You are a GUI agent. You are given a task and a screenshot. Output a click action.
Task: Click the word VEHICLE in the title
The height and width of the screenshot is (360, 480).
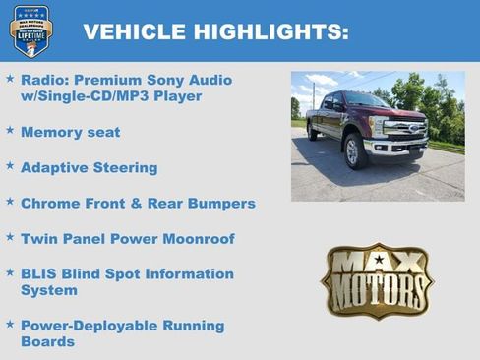click(x=131, y=31)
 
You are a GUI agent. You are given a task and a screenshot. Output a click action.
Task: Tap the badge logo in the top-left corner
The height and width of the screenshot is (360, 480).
click(x=31, y=31)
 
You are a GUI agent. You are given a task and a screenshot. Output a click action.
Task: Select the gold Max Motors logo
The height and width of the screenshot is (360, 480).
click(x=377, y=281)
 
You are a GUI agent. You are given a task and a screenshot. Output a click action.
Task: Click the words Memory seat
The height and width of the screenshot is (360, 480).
click(x=70, y=132)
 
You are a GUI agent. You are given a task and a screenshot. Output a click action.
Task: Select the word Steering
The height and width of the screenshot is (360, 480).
click(x=124, y=167)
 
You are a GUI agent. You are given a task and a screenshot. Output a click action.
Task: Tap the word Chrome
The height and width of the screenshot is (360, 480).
click(x=50, y=203)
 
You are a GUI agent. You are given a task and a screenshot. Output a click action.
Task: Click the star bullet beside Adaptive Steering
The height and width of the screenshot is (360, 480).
click(x=10, y=166)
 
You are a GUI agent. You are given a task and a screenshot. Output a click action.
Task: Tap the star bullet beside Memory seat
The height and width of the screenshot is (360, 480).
click(x=10, y=131)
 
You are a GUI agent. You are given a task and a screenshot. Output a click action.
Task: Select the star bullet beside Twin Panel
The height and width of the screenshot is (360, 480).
click(x=10, y=237)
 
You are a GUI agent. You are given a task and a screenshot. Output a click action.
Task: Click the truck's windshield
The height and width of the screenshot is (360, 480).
click(x=367, y=101)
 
